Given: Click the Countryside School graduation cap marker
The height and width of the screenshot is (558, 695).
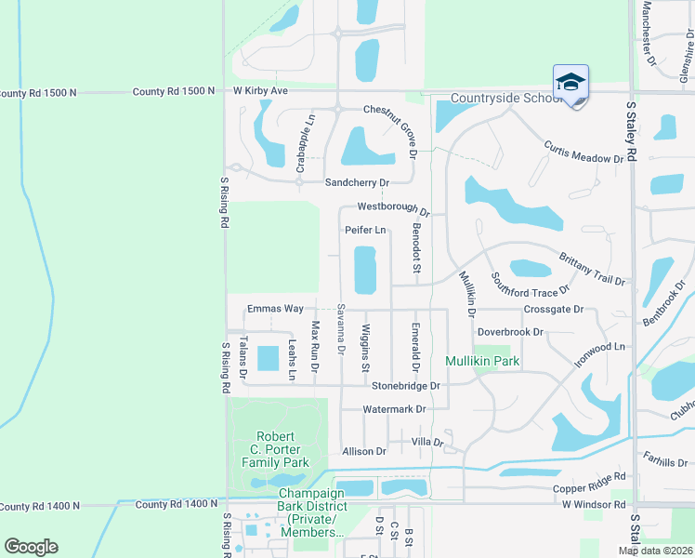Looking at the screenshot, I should [x=570, y=83].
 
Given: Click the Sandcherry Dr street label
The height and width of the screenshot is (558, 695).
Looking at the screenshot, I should [x=356, y=182].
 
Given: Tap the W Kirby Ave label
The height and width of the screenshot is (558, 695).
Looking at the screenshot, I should [x=260, y=91].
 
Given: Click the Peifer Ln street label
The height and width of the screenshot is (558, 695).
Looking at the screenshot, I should [x=365, y=230].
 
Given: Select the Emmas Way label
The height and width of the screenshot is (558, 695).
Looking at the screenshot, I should [x=275, y=309].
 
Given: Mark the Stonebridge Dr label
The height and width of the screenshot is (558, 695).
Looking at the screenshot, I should [x=405, y=385].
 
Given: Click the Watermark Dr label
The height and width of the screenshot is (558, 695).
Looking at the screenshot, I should [x=394, y=409].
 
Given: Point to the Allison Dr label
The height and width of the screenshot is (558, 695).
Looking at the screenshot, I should [x=363, y=451].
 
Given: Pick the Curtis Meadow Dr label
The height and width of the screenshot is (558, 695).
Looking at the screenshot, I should [x=583, y=153].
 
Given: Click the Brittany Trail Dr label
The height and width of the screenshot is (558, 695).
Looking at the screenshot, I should [x=592, y=268].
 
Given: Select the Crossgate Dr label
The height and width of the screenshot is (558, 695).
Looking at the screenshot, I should [x=553, y=309].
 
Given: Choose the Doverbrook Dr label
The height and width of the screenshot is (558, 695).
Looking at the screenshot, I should [x=509, y=332].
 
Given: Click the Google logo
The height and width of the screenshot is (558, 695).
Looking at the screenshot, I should [x=31, y=547].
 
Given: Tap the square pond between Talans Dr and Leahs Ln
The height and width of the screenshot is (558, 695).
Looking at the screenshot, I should [x=267, y=358].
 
